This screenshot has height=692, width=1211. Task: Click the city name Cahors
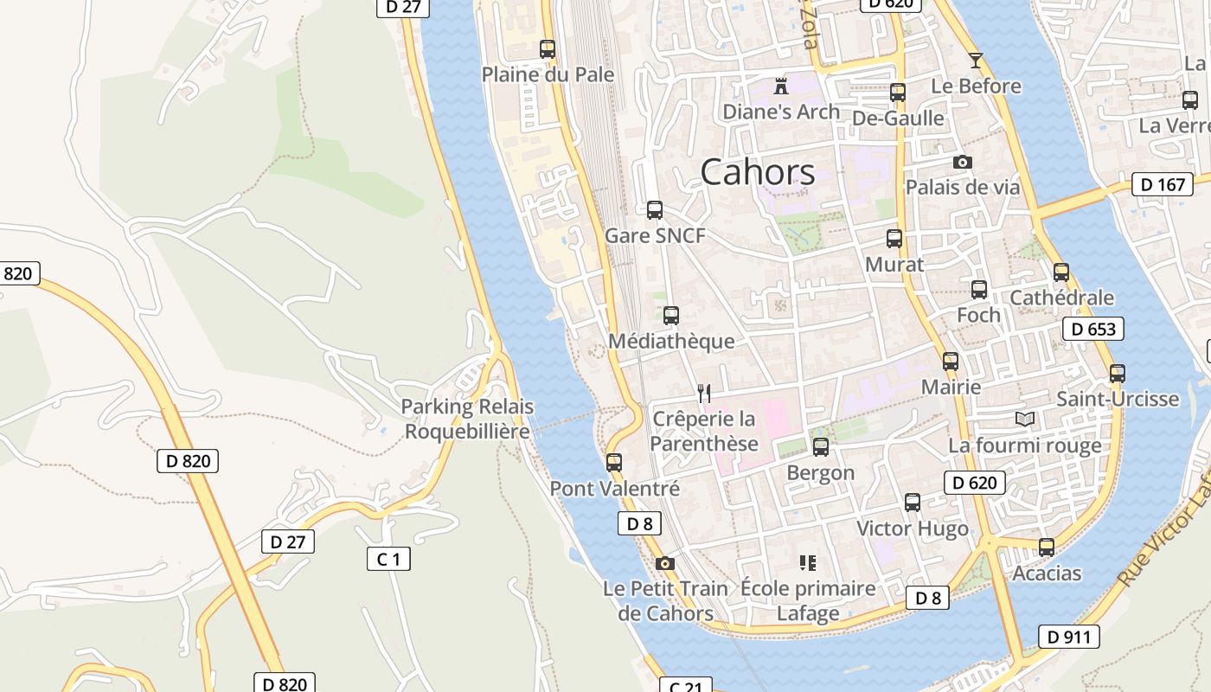[757, 172]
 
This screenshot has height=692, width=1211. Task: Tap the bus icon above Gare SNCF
[655, 209]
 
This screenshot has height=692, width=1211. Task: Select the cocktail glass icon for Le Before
[976, 60]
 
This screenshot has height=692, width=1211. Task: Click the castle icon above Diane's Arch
[781, 86]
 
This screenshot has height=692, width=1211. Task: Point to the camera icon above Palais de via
[962, 162]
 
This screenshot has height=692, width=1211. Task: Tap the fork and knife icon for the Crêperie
[704, 394]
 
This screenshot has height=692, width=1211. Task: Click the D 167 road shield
[1163, 184]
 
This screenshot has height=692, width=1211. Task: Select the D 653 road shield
[1093, 329]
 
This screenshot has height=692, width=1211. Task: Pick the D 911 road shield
[1068, 637]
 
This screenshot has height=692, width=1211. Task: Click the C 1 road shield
[388, 559]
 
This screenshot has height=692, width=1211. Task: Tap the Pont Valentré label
[615, 489]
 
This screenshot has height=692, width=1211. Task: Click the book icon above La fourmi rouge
[1025, 420]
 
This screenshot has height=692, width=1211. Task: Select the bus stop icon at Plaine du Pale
[548, 49]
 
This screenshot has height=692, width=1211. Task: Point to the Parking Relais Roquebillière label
[467, 419]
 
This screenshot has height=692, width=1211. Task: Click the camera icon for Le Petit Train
[664, 564]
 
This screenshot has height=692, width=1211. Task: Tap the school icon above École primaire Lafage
[808, 563]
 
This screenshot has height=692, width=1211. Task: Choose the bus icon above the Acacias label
[1047, 548]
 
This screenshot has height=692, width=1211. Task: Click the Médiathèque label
[671, 342]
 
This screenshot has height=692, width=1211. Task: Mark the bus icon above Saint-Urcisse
[1118, 374]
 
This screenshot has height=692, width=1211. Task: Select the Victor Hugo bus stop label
[912, 529]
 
